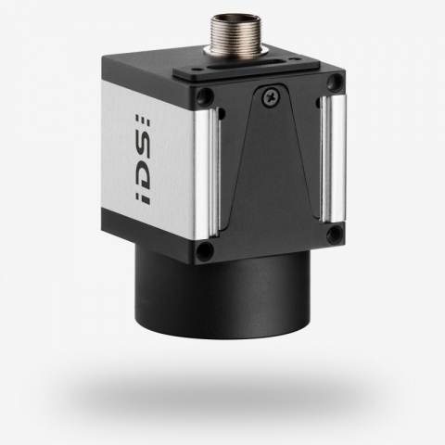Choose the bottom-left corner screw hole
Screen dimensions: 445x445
point(206,250)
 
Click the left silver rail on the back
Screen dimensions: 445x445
point(210,172)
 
